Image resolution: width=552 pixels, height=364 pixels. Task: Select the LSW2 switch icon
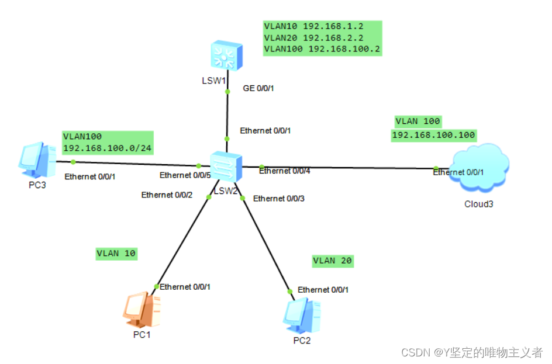225,165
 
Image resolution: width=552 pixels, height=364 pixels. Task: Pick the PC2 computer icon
302,316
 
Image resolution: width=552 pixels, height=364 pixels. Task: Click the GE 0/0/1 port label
258,89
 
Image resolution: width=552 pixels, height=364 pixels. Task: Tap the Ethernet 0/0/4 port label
285,171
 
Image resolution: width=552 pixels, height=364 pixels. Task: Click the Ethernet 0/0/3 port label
279,199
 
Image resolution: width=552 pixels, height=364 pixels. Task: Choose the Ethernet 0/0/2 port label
167,195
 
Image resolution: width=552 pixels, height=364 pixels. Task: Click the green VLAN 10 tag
116,254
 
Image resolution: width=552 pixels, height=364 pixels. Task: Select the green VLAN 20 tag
333,261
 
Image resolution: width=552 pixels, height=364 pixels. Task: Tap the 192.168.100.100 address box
433,136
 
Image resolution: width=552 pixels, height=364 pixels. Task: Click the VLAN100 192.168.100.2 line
322,49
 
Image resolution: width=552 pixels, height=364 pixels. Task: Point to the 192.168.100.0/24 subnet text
107,148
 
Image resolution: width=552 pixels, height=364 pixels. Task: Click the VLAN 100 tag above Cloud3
418,121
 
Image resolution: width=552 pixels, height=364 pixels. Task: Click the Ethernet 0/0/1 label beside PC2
323,290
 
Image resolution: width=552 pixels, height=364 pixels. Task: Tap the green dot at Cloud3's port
436,168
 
